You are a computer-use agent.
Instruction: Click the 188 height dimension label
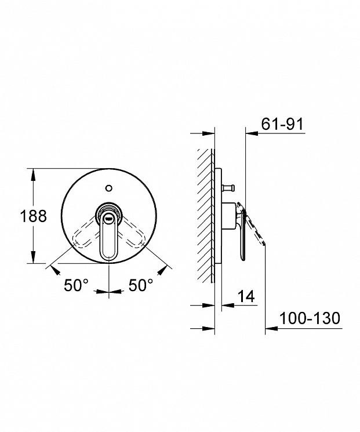[33, 216]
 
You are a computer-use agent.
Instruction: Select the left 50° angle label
[77, 285]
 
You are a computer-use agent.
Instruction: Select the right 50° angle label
[141, 285]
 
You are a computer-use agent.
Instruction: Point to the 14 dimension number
[246, 296]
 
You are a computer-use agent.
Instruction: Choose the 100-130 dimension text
[310, 318]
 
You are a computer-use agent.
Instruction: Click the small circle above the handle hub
[109, 188]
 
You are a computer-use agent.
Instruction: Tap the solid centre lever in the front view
[109, 236]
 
